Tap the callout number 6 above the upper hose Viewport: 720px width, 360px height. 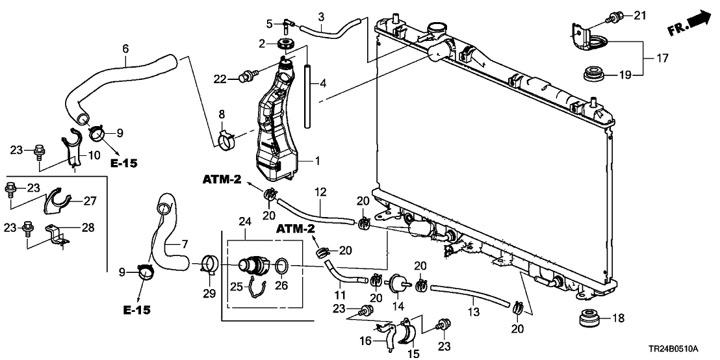click(125, 48)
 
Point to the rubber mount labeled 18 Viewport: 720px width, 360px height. click(589, 320)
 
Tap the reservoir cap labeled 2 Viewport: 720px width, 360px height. click(285, 44)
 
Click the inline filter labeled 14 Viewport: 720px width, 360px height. click(395, 284)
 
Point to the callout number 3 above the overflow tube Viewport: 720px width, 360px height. click(320, 16)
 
